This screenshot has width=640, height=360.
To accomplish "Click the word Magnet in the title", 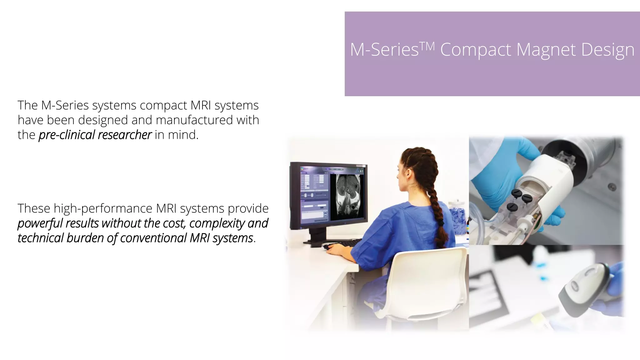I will coord(546,50).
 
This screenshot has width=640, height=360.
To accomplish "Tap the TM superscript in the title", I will coord(427,46).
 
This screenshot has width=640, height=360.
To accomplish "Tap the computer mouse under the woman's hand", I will coord(327,247).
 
